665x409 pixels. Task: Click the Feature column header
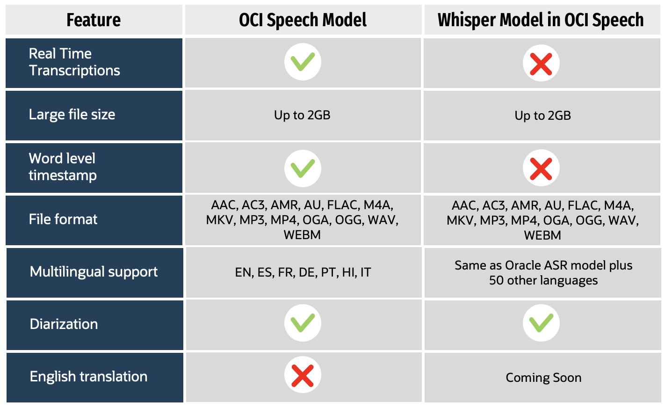(94, 20)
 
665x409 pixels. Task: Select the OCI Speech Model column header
(303, 20)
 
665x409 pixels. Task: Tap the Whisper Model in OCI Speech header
(541, 20)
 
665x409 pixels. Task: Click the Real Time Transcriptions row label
(74, 62)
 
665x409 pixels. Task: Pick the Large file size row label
(72, 115)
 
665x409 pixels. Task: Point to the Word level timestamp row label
(63, 167)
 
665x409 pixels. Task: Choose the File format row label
(63, 219)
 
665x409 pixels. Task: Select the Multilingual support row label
(94, 272)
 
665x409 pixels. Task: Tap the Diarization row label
(64, 324)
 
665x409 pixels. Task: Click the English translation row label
(88, 377)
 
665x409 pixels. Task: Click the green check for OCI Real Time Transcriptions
(303, 62)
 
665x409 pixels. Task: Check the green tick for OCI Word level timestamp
(303, 168)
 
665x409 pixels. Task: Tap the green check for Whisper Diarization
(541, 323)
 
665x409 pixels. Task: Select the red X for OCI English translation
(303, 375)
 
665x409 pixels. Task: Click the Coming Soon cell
(543, 378)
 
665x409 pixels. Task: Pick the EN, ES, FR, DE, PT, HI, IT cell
(303, 272)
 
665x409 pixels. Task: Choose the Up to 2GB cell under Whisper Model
(542, 116)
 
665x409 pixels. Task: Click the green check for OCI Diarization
(303, 323)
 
